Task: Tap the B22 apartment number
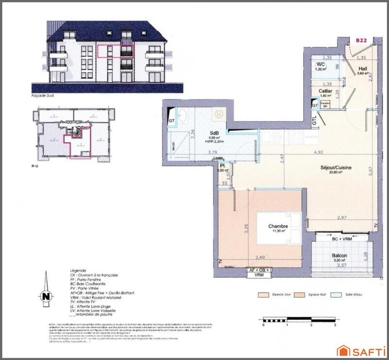(361, 41)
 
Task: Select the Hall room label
(362, 69)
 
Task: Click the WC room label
(320, 65)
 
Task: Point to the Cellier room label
(325, 91)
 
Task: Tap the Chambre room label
(278, 226)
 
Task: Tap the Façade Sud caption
(42, 96)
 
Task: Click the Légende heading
(78, 270)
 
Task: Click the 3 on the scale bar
(336, 324)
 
